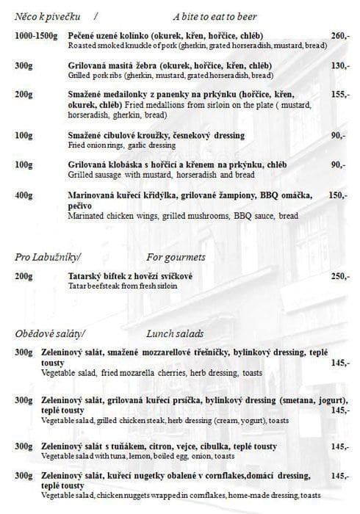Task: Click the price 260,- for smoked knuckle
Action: (338, 36)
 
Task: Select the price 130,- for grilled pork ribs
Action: (338, 65)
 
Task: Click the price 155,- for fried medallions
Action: (338, 95)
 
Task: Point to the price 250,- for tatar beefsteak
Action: (338, 276)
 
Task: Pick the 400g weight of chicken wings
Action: (24, 196)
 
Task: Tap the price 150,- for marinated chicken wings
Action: (337, 196)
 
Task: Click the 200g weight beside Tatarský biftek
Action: (24, 276)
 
